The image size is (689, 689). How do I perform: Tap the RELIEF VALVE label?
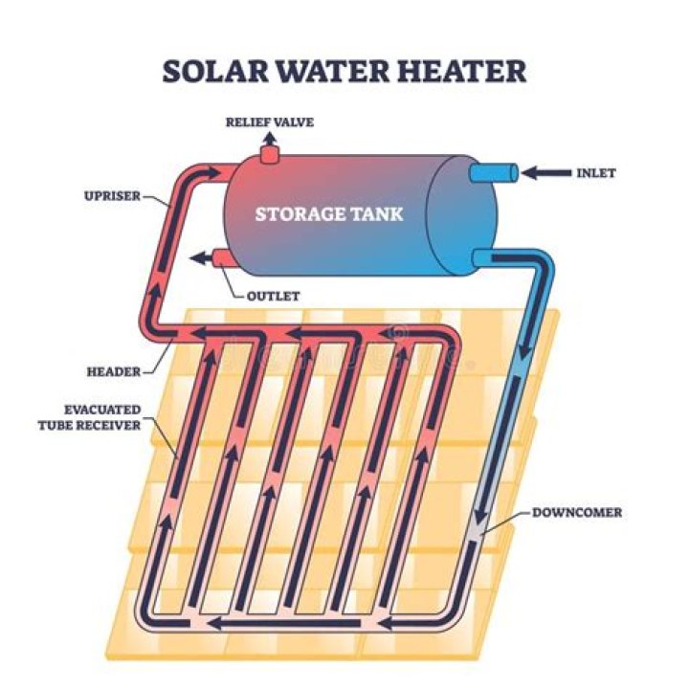coord(269,122)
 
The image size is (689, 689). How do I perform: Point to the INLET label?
coord(595,173)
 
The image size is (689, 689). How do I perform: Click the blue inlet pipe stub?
coord(494,173)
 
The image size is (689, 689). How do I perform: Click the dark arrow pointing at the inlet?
coord(545,173)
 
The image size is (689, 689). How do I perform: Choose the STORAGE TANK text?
coord(328,213)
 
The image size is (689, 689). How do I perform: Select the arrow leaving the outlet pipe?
coord(201,258)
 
